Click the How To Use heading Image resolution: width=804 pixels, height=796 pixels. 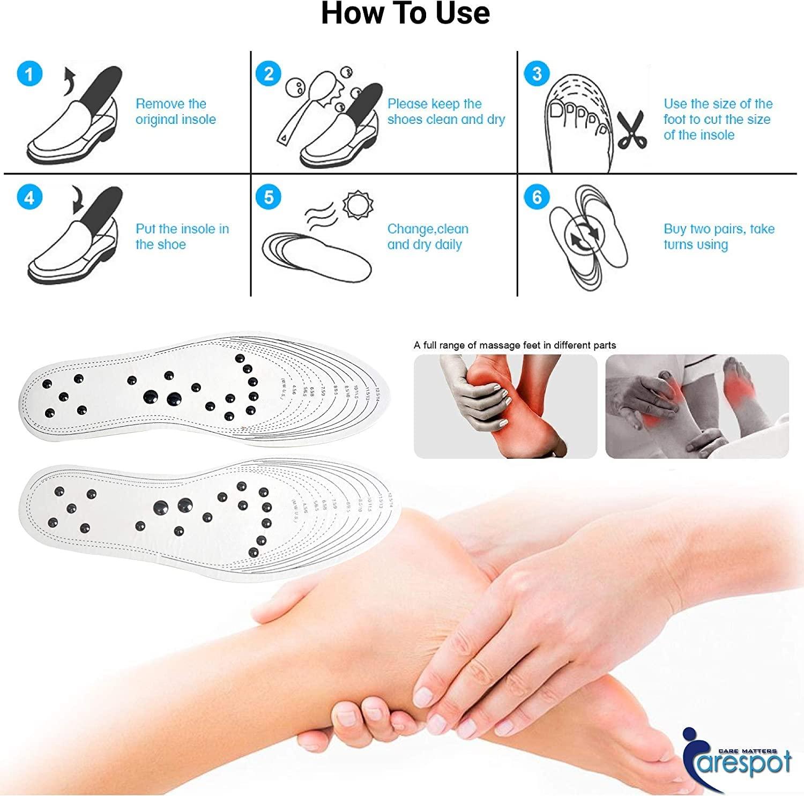405,14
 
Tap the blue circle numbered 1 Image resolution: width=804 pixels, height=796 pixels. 29,73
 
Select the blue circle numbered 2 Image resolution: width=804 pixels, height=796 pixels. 269,73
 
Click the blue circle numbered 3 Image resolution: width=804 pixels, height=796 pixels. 537,73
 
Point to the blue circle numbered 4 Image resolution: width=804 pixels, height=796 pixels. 29,198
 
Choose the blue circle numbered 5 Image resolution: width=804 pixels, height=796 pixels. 269,198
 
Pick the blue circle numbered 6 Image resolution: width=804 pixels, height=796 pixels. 537,198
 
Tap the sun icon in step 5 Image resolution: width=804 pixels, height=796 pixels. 356,205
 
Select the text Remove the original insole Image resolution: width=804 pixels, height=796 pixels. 175,111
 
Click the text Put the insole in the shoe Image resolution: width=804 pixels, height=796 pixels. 182,236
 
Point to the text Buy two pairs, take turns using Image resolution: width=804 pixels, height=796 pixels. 719,236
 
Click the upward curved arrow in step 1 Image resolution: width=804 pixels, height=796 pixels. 70,80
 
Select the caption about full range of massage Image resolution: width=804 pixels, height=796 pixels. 515,345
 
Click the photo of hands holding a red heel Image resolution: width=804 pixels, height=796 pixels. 505,406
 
